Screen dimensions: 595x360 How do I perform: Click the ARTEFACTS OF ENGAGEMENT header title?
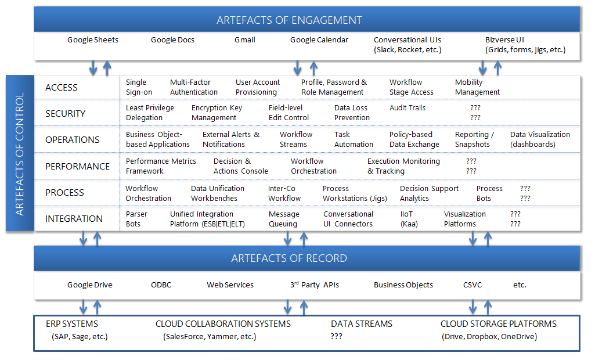pos(289,20)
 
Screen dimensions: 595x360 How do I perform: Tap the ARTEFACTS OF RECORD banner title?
pos(289,258)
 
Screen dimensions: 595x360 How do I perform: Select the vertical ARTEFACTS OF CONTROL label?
pos(20,154)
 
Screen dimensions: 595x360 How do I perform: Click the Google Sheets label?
pos(93,40)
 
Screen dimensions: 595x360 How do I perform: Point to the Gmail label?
pos(245,40)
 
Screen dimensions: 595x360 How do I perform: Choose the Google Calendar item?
pos(319,40)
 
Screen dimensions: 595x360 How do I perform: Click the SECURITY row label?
pos(65,114)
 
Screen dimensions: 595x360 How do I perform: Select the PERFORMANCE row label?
pos(77,166)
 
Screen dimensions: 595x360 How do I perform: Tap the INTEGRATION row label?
pos(74,219)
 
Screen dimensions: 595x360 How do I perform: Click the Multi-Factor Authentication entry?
pos(194,87)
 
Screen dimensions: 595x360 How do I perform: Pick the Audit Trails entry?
pos(408,108)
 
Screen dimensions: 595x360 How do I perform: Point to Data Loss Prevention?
pos(352,113)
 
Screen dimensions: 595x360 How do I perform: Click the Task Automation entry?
pos(354,139)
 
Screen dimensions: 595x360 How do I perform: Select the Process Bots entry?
pos(489,193)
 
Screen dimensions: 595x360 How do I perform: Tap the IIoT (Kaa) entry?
pos(409,219)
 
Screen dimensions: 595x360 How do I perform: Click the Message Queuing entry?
pos(284,219)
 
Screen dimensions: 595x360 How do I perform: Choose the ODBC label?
pos(161,285)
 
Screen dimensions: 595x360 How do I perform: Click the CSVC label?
pos(473,285)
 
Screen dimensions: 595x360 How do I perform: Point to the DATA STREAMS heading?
pos(362,324)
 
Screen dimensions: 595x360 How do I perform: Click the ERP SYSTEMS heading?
pos(72,324)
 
